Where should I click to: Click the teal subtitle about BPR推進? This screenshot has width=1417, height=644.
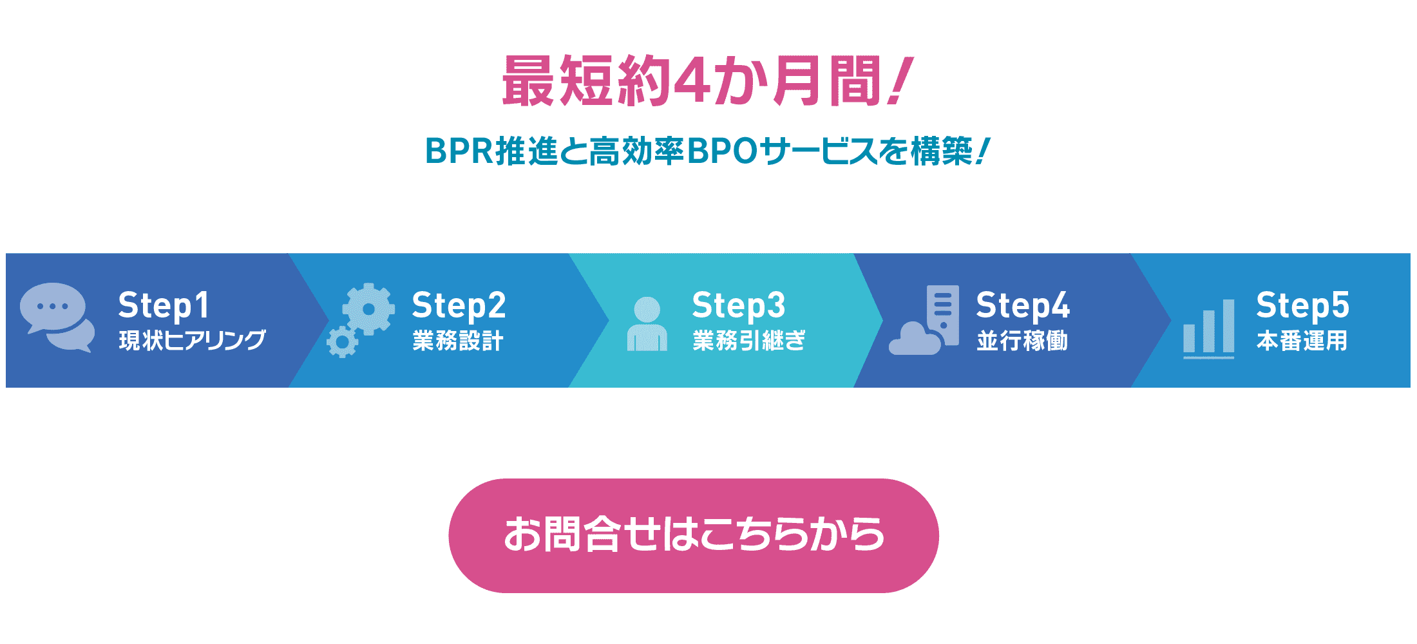pyautogui.click(x=707, y=152)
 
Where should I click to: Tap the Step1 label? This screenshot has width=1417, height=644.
pyautogui.click(x=164, y=305)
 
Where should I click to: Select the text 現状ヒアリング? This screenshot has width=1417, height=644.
pyautogui.click(x=192, y=340)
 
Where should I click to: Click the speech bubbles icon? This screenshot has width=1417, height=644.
pyautogui.click(x=57, y=317)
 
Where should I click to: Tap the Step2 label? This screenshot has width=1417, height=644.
pyautogui.click(x=459, y=305)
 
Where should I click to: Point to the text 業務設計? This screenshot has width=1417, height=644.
pyautogui.click(x=458, y=340)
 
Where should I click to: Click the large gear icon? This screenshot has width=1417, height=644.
pyautogui.click(x=368, y=309)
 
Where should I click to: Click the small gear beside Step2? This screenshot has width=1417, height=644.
pyautogui.click(x=342, y=342)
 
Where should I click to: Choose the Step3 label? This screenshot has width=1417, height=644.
pyautogui.click(x=739, y=305)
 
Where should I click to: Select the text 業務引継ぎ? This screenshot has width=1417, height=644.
pyautogui.click(x=749, y=340)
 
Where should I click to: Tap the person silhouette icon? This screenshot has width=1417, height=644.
pyautogui.click(x=647, y=323)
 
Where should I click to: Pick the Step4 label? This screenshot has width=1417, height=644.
pyautogui.click(x=1023, y=305)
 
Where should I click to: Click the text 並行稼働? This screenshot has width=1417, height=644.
pyautogui.click(x=1022, y=340)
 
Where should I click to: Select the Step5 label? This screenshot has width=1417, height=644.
pyautogui.click(x=1302, y=305)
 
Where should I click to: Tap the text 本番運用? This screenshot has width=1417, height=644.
pyautogui.click(x=1302, y=340)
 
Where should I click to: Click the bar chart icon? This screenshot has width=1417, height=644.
pyautogui.click(x=1209, y=328)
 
